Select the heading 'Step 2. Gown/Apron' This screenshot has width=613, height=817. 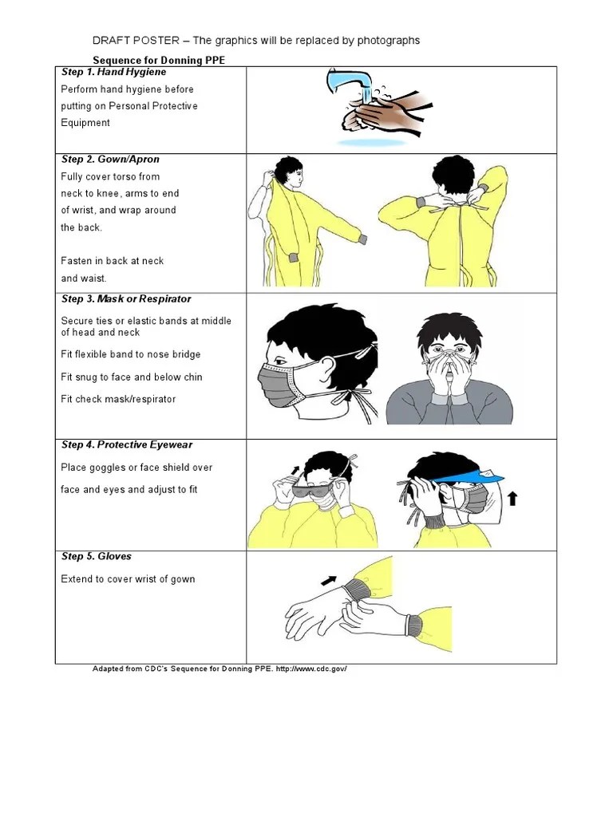point(110,160)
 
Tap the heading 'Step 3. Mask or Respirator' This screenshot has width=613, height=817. point(125,299)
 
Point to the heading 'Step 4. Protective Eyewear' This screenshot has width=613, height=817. point(126,445)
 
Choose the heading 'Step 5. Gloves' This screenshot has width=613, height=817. point(97,557)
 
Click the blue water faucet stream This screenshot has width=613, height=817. point(352,83)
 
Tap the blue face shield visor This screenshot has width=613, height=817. point(475,477)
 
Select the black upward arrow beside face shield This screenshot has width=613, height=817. point(512,499)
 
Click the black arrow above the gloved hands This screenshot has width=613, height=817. point(329,579)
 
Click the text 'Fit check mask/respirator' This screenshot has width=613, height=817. point(118,399)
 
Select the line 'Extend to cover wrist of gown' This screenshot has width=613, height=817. point(128,579)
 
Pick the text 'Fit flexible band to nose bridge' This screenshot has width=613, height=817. point(131,354)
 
